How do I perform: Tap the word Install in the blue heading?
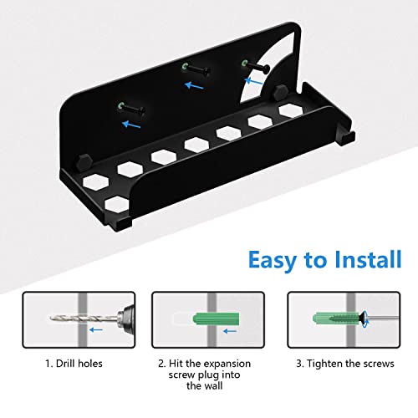point(368,259)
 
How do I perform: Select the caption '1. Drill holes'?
point(74,364)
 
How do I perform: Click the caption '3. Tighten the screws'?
point(345,364)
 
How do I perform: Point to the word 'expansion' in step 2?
point(227,364)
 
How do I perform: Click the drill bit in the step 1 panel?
point(84,318)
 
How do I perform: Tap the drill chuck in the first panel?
point(125,317)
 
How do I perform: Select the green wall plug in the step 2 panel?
point(216,319)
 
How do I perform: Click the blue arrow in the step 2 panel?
point(230,331)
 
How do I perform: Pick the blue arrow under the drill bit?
point(96,330)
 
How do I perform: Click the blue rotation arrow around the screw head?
point(366,319)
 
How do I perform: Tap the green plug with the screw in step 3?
point(335,318)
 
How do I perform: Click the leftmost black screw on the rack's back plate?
point(131,109)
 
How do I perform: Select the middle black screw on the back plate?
point(196,69)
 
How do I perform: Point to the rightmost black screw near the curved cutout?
point(256,66)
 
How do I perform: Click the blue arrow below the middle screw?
point(194,85)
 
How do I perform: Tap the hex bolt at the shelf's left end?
point(84,162)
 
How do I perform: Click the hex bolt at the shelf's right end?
point(281,94)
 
